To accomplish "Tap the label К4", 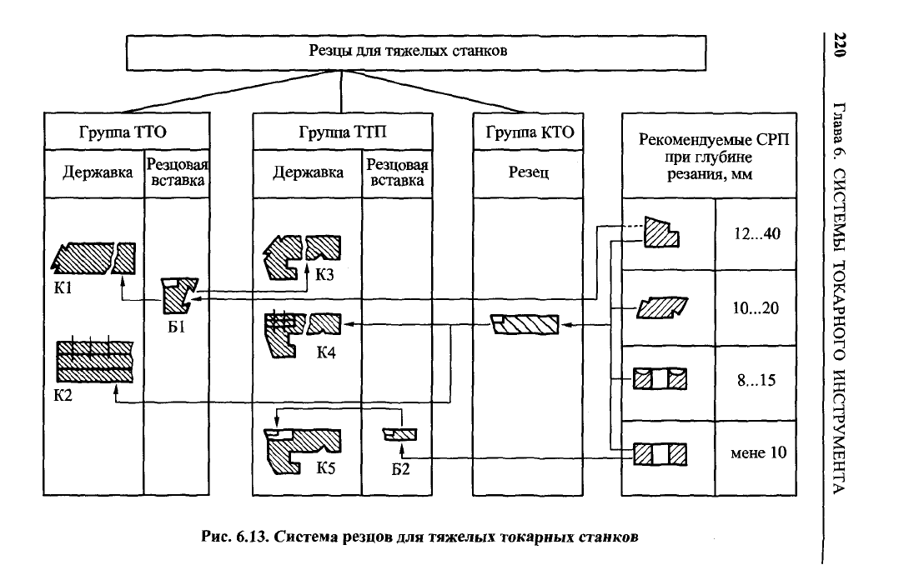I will tap(326, 352).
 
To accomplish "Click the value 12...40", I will tap(756, 234).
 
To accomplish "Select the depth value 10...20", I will tap(756, 308).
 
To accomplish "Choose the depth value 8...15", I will tap(756, 381).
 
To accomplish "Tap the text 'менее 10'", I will tap(756, 453).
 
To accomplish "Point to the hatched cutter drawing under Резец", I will tap(527, 322).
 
